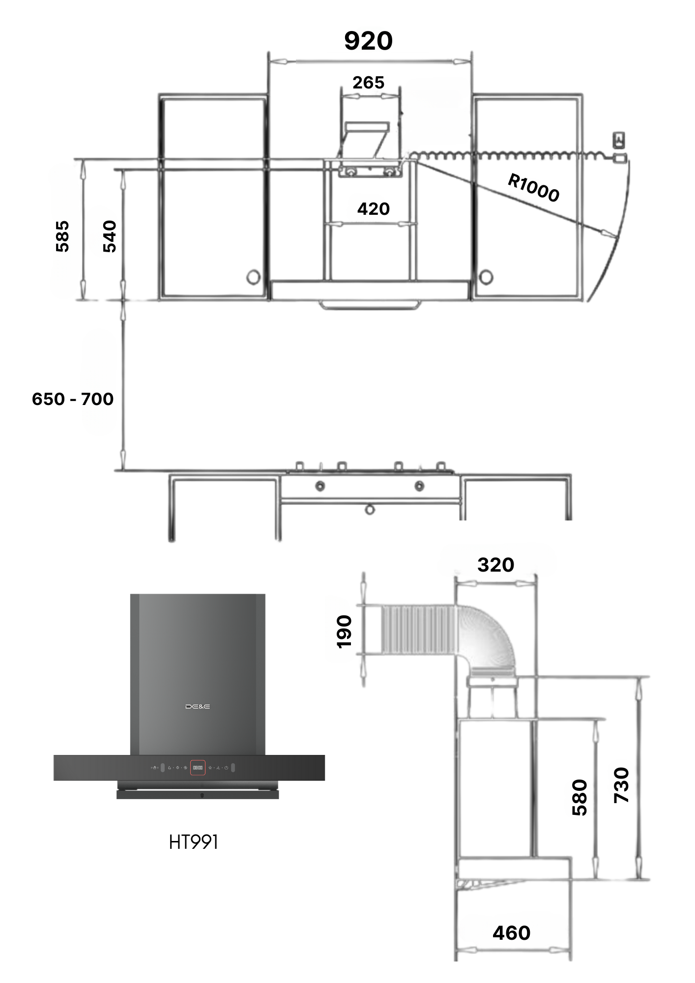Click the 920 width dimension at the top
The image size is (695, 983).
coord(368,41)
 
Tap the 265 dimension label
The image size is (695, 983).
coord(368,83)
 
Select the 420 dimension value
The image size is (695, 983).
coord(374,209)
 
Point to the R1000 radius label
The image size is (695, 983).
coord(534,188)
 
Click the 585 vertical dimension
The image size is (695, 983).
coord(62,236)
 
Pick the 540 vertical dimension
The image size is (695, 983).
coord(109,236)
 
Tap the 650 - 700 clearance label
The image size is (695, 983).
coord(73,399)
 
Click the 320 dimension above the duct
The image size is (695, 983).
coord(495,565)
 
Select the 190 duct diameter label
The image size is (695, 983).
coord(344,632)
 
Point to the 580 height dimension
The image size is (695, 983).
coord(579,797)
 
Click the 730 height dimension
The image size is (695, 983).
coord(621,785)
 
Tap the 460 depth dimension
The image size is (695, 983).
coord(512,933)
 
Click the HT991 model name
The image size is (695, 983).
coord(193,842)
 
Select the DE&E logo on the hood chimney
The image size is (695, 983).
coord(198,706)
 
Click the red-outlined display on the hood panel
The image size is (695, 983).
coord(198,767)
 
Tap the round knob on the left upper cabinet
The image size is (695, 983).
coord(253,276)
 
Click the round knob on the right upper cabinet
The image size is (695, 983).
coord(486,276)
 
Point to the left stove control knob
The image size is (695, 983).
coord(319,486)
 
